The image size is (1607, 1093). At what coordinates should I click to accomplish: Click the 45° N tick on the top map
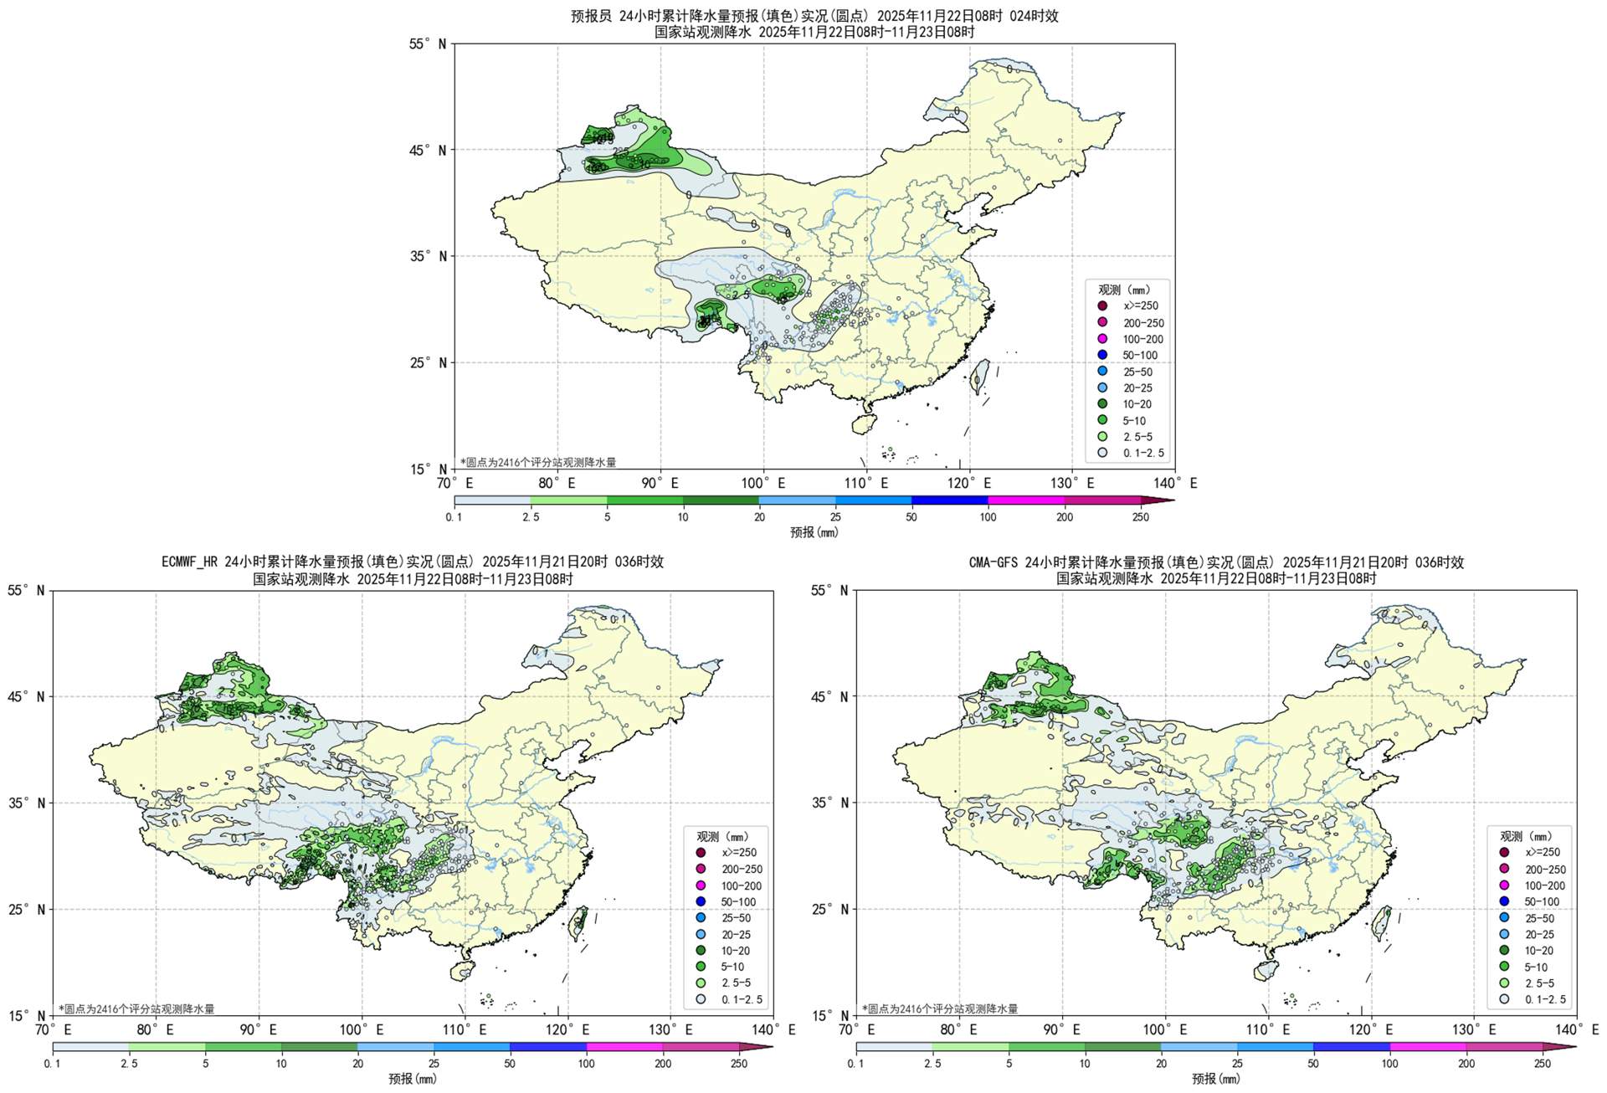(432, 151)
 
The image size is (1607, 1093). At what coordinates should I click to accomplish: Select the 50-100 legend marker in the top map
(1102, 356)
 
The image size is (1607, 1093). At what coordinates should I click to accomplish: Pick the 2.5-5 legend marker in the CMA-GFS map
(1504, 983)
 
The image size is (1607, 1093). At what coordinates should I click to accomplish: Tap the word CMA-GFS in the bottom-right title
(993, 562)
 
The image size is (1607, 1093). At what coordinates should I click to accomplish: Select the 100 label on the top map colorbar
(988, 517)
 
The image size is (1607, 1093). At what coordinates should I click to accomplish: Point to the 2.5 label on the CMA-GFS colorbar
(932, 1064)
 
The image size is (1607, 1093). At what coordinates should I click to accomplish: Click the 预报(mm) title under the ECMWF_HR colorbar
(412, 1079)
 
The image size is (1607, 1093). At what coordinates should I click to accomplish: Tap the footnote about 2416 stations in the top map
(538, 462)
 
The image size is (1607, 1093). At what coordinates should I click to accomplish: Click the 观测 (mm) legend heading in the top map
(1126, 290)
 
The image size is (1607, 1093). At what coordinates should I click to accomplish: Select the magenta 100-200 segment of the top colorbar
(1026, 500)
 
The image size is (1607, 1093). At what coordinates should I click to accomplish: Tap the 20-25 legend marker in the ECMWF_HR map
(701, 934)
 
